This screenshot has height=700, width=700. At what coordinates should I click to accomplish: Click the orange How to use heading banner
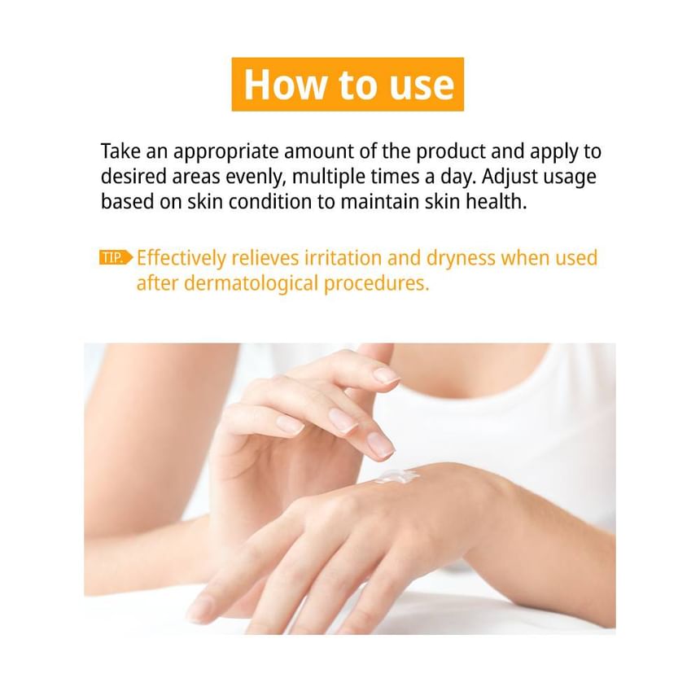point(348,85)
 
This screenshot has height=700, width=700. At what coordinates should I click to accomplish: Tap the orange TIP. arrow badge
point(116,257)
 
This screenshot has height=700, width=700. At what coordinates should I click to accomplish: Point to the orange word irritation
point(343,258)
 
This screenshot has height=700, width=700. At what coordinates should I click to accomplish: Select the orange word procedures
point(376,284)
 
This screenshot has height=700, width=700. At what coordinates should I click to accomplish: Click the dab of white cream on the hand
point(397,476)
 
